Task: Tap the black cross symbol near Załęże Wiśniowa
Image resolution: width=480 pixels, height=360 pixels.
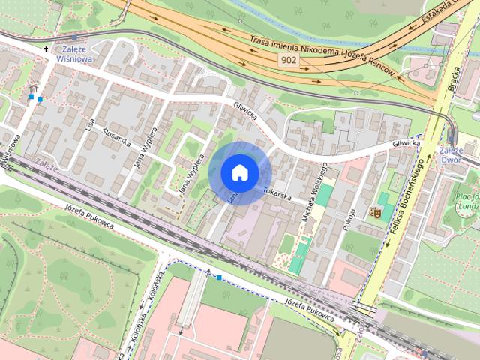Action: [46, 49]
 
